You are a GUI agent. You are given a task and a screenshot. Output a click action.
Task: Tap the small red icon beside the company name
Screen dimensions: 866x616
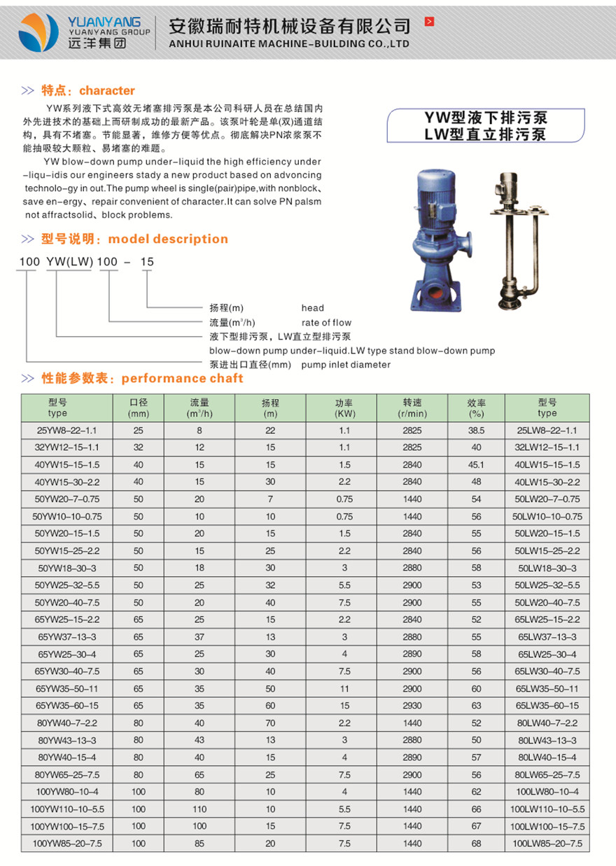[429, 22]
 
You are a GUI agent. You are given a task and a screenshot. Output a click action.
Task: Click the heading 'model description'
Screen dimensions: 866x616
[168, 239]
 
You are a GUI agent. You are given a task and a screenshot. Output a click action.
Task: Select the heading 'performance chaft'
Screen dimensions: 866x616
[182, 378]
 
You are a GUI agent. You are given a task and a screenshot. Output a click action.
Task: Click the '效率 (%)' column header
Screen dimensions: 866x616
[476, 407]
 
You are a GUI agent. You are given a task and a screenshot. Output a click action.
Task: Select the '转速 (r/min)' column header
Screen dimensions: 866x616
[412, 407]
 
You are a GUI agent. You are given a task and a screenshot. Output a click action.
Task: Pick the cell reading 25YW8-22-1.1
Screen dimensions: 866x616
[67, 431]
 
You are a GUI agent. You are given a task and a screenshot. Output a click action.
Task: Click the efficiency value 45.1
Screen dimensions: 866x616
[476, 465]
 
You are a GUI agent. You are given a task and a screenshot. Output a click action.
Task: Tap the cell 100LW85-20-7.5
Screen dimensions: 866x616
[547, 844]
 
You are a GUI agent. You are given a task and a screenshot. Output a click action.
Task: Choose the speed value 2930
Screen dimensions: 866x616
[412, 706]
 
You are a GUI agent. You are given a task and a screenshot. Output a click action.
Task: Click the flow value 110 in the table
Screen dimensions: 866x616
[199, 809]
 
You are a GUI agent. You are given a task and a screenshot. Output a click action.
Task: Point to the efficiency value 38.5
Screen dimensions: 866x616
[476, 431]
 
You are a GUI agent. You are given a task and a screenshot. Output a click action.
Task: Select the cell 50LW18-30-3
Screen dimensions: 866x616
[547, 568]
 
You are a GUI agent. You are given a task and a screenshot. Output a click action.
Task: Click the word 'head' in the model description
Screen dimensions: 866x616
[313, 307]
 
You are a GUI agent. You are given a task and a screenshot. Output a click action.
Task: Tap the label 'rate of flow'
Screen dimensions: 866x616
[326, 323]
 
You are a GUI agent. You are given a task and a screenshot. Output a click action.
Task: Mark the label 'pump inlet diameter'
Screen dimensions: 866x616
[346, 365]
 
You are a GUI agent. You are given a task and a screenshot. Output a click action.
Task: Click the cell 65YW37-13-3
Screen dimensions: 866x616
[67, 637]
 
